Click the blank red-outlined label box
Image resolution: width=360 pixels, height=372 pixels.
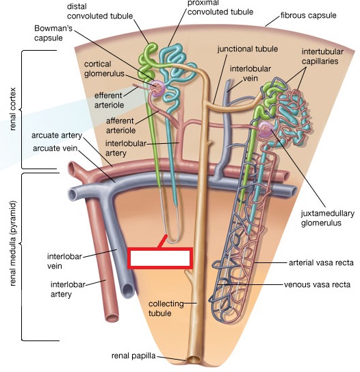[160, 258]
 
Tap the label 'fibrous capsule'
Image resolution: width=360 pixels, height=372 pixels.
[309, 16]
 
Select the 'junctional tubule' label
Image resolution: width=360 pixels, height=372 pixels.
[248, 49]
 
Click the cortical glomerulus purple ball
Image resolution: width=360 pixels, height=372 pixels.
[157, 88]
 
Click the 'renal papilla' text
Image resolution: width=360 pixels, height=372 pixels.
[133, 356]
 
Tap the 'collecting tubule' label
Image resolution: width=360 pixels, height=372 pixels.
[166, 308]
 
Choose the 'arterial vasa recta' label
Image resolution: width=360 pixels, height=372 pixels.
[321, 262]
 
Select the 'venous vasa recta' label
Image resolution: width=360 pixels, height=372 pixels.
[317, 284]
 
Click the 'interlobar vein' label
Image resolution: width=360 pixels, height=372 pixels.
[64, 261]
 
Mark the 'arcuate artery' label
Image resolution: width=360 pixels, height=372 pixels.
[57, 135]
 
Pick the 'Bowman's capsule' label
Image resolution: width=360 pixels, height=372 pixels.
[53, 33]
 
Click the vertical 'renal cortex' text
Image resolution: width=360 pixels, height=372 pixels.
[13, 109]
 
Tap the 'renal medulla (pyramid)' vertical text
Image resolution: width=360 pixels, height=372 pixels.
[14, 243]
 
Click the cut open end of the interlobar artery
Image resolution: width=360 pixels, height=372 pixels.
[113, 317]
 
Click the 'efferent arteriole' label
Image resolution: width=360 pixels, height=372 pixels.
[109, 100]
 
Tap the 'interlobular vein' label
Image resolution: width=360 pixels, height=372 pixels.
[250, 73]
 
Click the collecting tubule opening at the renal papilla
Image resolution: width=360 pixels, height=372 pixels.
[194, 360]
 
